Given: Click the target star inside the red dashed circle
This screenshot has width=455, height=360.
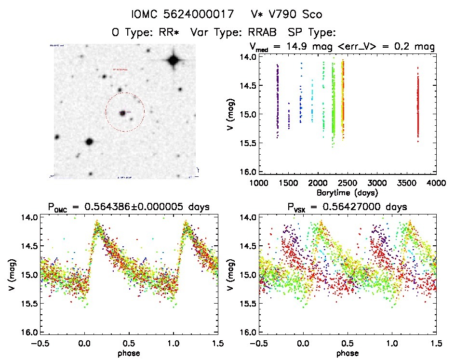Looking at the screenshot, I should click(123, 112).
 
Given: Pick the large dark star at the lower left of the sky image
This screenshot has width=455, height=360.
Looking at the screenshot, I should click(89, 142).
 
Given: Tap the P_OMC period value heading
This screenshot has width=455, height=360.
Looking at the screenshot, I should click(128, 207).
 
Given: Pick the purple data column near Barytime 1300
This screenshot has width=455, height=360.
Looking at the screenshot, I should click(278, 101).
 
